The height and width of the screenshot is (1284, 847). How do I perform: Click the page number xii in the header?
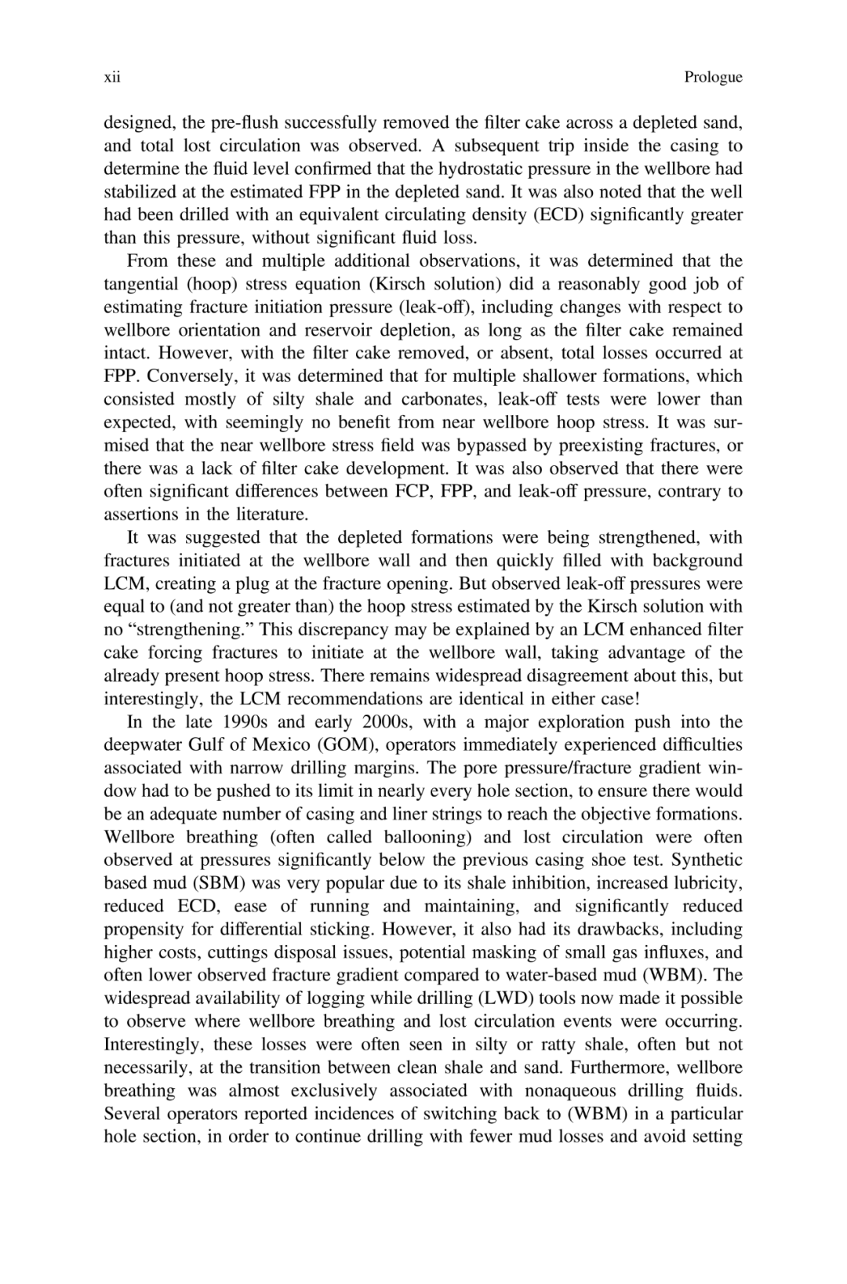tap(111, 77)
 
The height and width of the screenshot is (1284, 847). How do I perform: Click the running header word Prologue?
tap(712, 77)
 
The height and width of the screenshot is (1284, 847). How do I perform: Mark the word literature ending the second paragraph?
tap(269, 515)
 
